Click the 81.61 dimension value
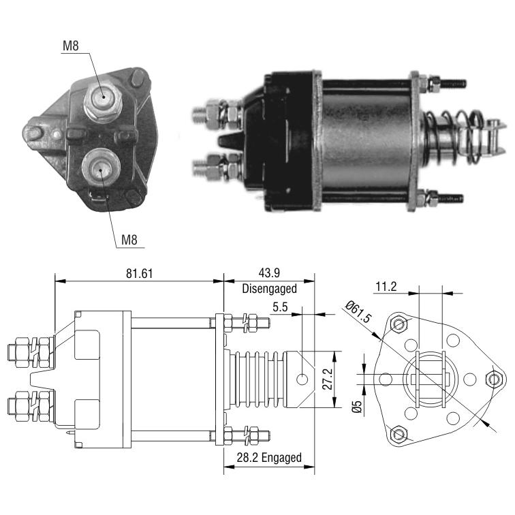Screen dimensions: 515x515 coord(139,274)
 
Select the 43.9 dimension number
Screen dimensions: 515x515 coord(269,273)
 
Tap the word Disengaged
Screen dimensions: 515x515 coord(269,289)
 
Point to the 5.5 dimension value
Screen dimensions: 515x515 coord(280,307)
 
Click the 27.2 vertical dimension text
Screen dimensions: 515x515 coord(328,379)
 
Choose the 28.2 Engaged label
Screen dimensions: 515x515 coord(269,458)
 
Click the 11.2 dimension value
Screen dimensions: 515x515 coord(386,287)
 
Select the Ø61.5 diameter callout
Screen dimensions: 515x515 coord(359,312)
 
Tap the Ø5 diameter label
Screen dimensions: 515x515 coord(357,406)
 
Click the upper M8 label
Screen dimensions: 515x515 coord(71,46)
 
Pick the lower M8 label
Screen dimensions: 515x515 coord(129,240)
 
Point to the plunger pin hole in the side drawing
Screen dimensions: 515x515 coord(302,379)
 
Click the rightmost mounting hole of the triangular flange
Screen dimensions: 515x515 coord(494,379)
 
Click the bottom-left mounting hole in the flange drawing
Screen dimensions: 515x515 coord(399,434)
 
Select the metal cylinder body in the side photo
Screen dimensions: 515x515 coord(366,140)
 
